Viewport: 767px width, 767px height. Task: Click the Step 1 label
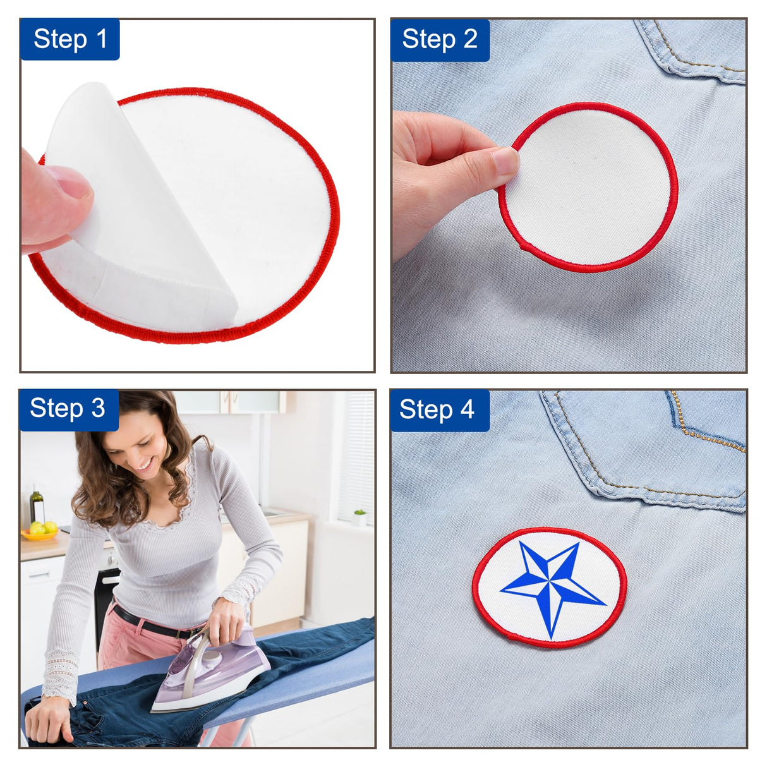tap(70, 39)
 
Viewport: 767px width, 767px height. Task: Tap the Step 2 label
tap(440, 39)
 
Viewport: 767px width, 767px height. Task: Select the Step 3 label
tap(68, 409)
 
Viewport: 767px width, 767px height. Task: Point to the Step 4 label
tap(438, 409)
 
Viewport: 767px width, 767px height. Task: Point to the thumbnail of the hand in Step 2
tap(505, 161)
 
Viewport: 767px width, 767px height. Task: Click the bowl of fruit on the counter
tap(40, 531)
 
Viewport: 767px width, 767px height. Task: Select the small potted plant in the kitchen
tap(359, 517)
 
